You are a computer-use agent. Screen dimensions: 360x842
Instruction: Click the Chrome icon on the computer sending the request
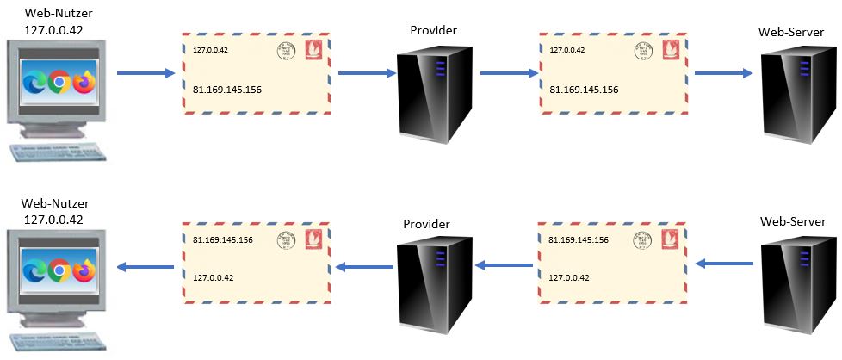click(59, 83)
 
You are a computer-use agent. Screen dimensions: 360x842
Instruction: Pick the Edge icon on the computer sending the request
click(35, 83)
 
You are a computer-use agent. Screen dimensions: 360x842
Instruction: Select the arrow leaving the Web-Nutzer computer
click(145, 74)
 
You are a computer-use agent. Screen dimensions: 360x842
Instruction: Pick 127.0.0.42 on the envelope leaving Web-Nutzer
click(210, 50)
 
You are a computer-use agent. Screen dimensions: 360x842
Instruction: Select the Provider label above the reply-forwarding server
click(428, 223)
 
